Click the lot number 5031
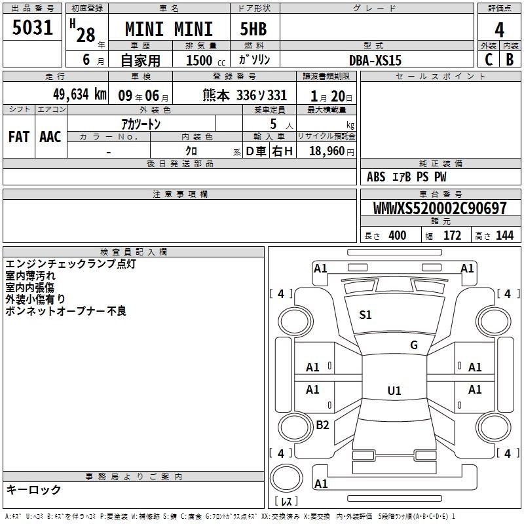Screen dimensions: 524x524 pos(32,28)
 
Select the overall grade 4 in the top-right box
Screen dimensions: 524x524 pos(499,30)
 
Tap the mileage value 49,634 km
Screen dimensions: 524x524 pos(79,94)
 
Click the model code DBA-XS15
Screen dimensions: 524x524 pos(375,60)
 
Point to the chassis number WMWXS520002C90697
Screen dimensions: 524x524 pos(440,208)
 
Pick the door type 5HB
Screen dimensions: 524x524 pos(253,29)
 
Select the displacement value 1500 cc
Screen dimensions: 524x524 pos(206,60)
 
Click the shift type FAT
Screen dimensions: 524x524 pos(19,137)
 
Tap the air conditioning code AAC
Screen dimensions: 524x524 pos(50,137)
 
